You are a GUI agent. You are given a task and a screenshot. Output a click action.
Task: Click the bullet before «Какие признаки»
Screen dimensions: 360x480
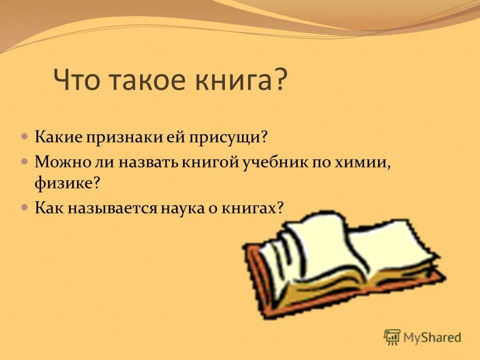(x=24, y=136)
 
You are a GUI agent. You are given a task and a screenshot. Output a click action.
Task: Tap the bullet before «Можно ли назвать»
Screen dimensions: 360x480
(x=24, y=161)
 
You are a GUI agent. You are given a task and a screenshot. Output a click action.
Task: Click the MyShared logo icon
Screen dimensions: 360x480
(x=392, y=336)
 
